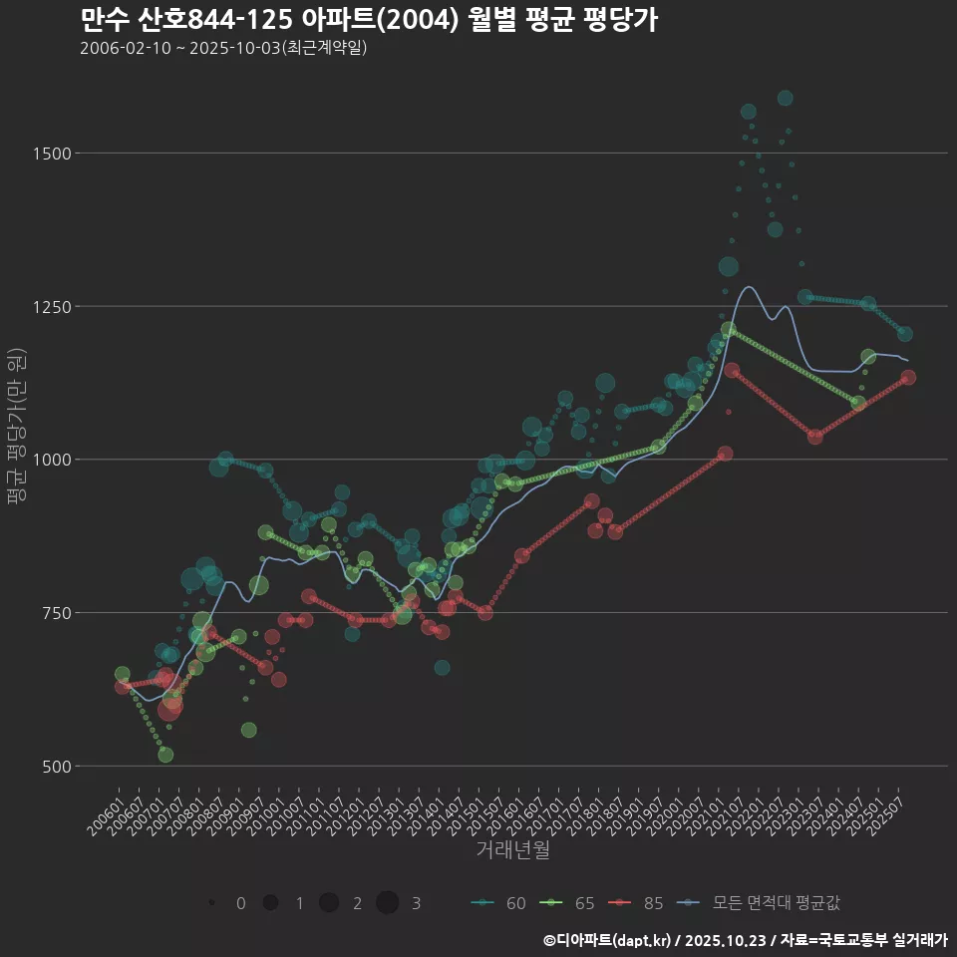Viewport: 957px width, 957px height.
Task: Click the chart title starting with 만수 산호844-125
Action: tap(368, 20)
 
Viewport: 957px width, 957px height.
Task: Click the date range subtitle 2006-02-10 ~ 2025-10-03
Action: tap(223, 48)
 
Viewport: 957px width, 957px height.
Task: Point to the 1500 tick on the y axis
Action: tap(51, 154)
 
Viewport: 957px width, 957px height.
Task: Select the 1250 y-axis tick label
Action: tap(51, 306)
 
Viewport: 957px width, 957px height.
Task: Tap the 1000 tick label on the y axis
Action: tap(51, 460)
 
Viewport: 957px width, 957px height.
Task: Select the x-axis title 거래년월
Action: tap(512, 850)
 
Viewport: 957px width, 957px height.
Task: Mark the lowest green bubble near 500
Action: tap(165, 755)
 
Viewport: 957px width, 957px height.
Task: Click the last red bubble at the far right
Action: tap(908, 378)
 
